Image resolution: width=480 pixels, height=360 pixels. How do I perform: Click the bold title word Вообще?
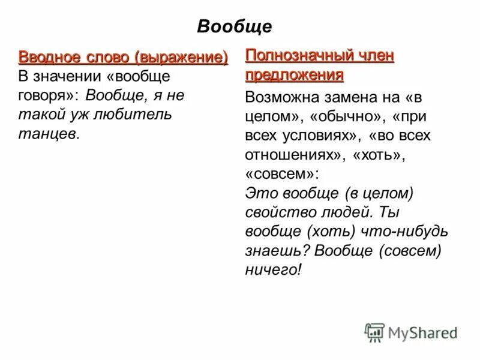click(x=235, y=26)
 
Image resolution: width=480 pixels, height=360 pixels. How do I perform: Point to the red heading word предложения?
click(x=295, y=76)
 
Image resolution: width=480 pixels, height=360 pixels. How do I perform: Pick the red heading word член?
click(x=374, y=56)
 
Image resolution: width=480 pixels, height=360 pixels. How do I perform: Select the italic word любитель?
click(x=133, y=115)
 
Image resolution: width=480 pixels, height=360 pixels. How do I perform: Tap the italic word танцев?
click(x=49, y=134)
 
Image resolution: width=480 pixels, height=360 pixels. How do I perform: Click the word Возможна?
click(x=282, y=97)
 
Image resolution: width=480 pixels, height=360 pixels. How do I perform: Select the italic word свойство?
click(x=281, y=212)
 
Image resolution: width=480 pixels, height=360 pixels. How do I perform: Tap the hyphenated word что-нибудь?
click(x=404, y=231)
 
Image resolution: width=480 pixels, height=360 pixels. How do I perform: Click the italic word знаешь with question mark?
click(x=278, y=251)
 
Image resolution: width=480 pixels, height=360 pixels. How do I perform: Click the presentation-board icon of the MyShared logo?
click(x=374, y=332)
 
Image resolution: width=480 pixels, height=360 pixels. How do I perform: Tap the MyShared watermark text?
click(x=423, y=333)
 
